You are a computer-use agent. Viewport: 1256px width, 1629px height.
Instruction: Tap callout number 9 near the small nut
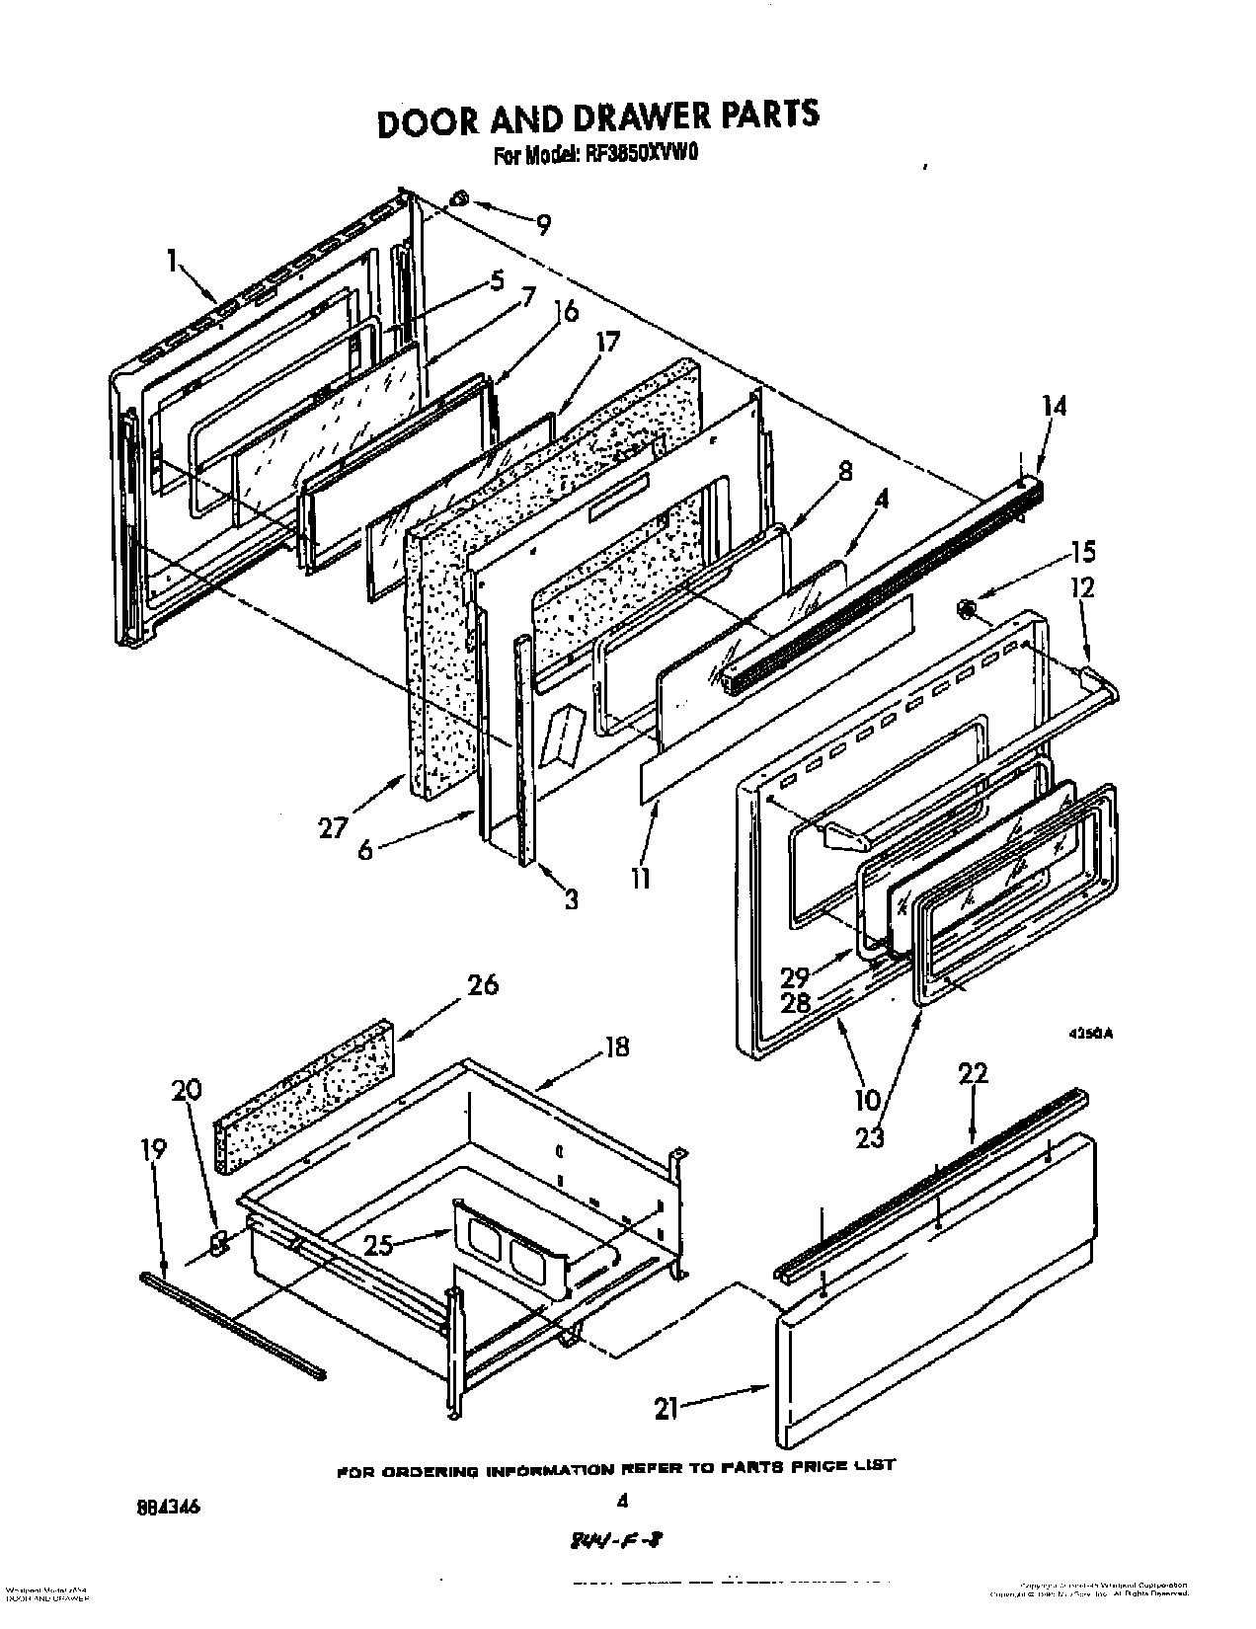point(542,225)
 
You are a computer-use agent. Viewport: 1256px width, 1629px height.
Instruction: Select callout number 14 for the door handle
point(1054,405)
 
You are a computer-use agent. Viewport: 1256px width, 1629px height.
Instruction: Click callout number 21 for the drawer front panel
point(667,1410)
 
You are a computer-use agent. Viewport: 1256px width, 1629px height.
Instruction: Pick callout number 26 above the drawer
point(483,984)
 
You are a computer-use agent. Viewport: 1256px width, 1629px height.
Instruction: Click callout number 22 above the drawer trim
point(973,1073)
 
